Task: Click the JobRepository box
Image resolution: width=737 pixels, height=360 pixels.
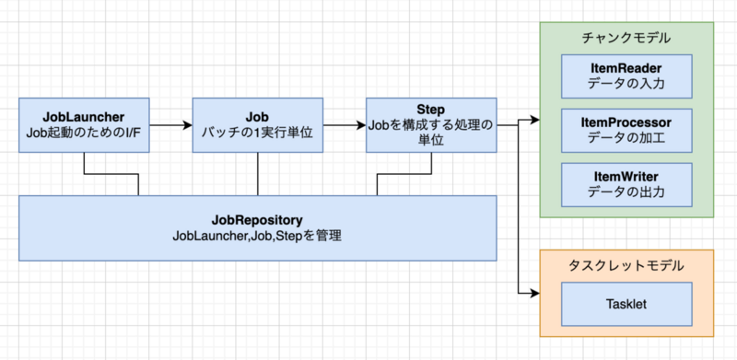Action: (257, 226)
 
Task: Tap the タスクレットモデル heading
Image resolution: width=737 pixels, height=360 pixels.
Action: (626, 266)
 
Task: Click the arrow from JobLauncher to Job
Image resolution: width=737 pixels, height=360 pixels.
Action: (170, 124)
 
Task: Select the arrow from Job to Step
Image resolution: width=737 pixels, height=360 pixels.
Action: (343, 124)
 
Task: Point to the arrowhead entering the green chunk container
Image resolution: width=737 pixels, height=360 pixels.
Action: (533, 120)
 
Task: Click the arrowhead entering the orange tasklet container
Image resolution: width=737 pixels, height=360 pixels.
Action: (533, 295)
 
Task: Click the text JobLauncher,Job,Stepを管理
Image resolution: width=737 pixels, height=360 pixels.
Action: (257, 237)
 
